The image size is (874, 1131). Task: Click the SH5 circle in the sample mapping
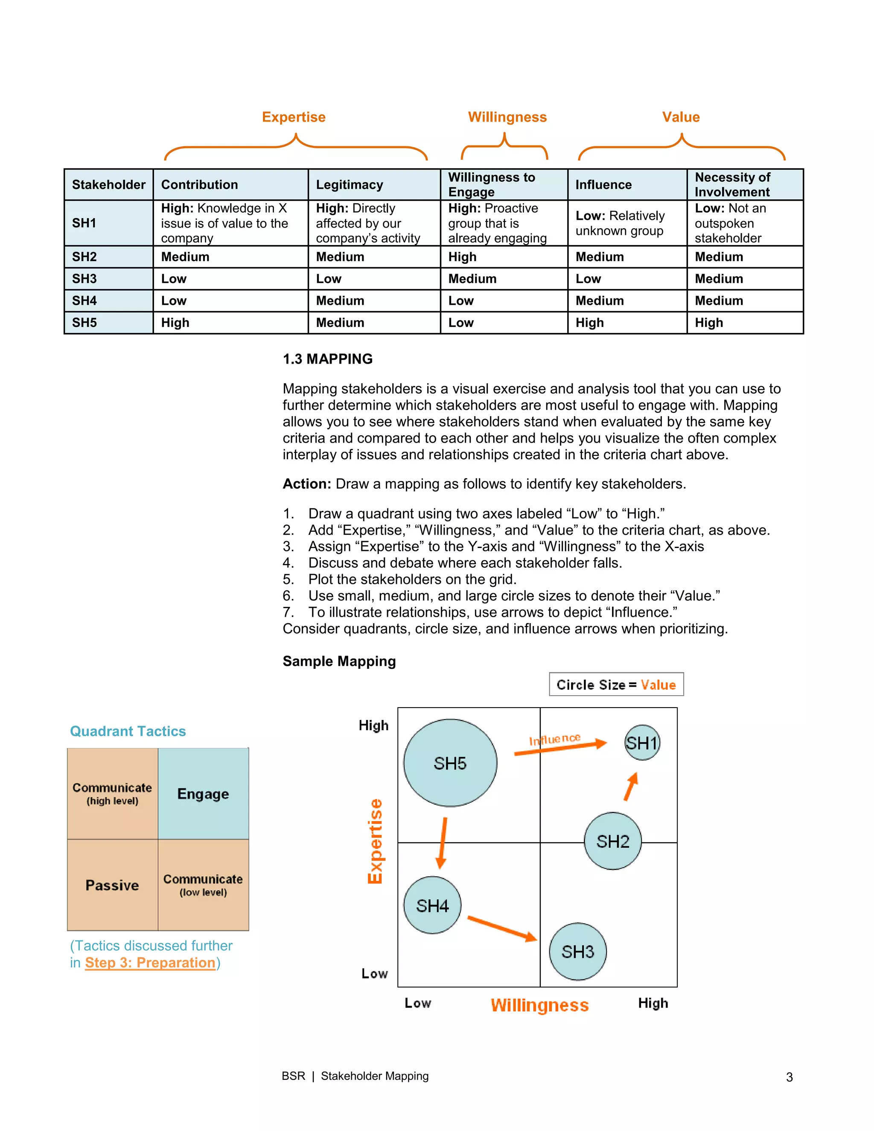coord(450,763)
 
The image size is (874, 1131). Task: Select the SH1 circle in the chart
coord(642,743)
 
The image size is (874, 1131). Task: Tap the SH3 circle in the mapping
coord(577,951)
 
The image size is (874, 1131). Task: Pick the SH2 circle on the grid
coord(612,841)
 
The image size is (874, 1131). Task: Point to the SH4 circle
coord(432,905)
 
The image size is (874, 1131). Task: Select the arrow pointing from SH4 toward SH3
coord(502,929)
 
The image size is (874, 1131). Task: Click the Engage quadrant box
coord(204,793)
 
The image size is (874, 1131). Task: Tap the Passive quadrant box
coord(112,885)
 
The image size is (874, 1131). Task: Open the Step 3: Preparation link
coord(150,963)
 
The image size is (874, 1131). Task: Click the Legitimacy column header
coord(350,185)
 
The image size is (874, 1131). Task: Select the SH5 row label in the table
coord(85,323)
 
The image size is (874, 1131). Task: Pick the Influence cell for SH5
coord(590,323)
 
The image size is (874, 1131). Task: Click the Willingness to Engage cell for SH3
coord(472,279)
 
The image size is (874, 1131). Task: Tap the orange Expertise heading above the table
coord(294,117)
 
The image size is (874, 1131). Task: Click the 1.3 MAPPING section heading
coord(327,359)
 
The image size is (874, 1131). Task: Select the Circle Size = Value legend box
coord(616,685)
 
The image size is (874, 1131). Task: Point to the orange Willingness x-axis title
coord(539,1005)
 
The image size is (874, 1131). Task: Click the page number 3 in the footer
coord(789,1077)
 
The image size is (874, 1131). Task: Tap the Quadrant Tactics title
coord(128,731)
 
